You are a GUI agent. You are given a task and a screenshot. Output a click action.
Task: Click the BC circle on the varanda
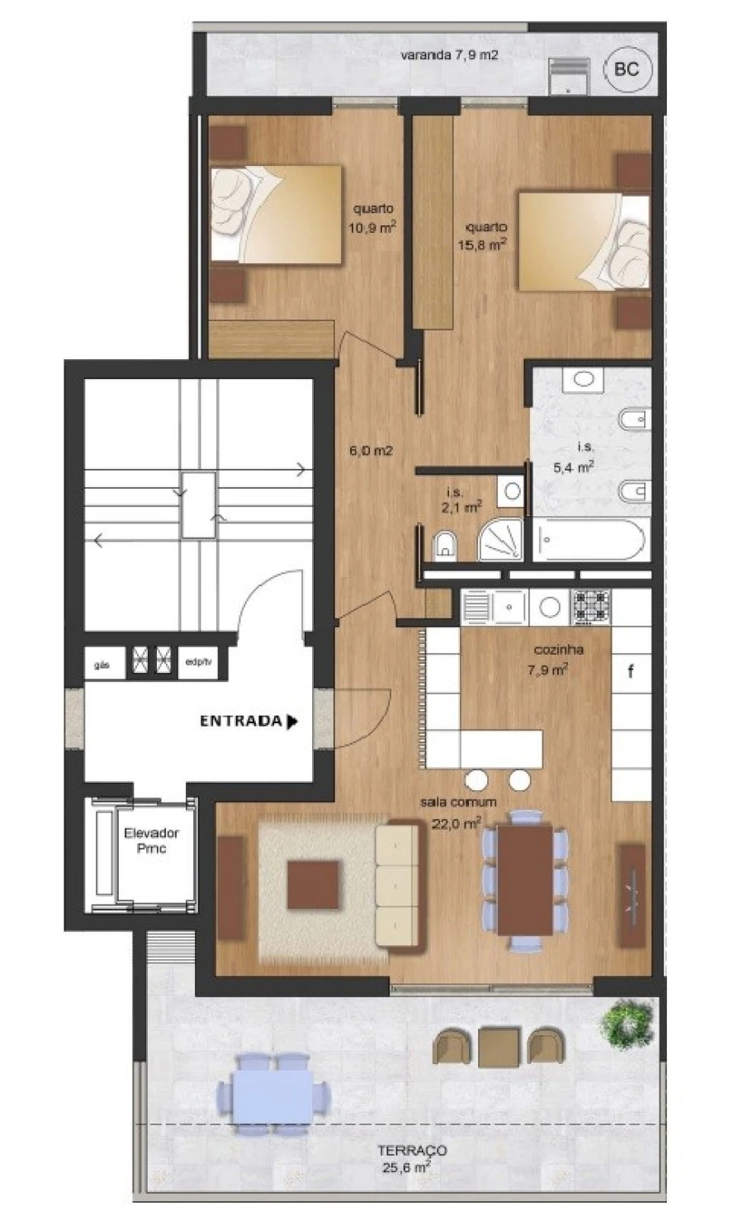(627, 69)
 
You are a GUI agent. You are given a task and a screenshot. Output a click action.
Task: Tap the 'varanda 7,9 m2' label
(449, 55)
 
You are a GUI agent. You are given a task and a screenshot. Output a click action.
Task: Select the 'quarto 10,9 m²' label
(371, 219)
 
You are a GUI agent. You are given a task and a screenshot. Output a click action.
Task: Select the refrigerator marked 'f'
(632, 671)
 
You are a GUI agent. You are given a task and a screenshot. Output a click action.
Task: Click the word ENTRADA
(241, 721)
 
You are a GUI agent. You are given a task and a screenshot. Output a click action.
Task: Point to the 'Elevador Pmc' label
(151, 840)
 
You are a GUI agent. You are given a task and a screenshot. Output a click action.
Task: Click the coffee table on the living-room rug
(314, 885)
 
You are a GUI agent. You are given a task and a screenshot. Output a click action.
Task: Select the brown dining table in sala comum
(525, 879)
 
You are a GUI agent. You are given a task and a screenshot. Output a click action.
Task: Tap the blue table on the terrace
(273, 1094)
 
